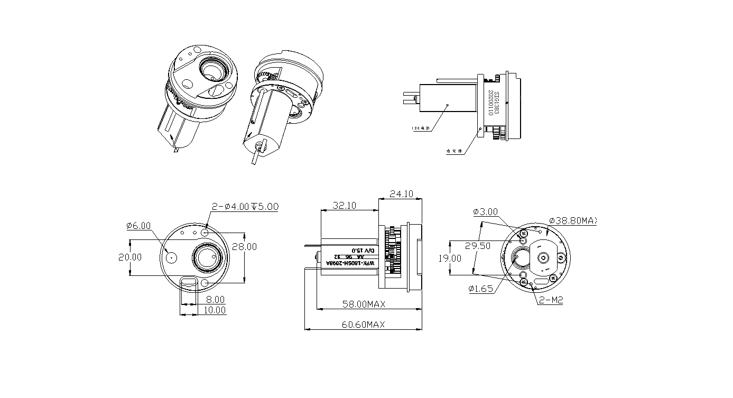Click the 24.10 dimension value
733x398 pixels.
(401, 194)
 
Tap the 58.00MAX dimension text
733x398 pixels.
(363, 304)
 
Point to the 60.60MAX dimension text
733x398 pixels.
(363, 324)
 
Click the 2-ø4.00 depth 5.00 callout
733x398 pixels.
(245, 207)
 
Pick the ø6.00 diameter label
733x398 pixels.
(138, 226)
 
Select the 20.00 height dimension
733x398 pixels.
(129, 257)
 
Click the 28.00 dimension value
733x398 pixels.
(244, 247)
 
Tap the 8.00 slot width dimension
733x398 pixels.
(215, 299)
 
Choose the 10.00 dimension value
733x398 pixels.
(215, 310)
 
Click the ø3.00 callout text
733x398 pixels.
(485, 212)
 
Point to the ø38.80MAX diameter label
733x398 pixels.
(572, 220)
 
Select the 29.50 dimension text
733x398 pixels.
(478, 246)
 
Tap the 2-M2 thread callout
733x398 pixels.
(551, 300)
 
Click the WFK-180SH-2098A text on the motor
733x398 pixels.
(350, 263)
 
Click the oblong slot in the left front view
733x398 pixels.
(188, 283)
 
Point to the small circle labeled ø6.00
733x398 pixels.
(171, 257)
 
